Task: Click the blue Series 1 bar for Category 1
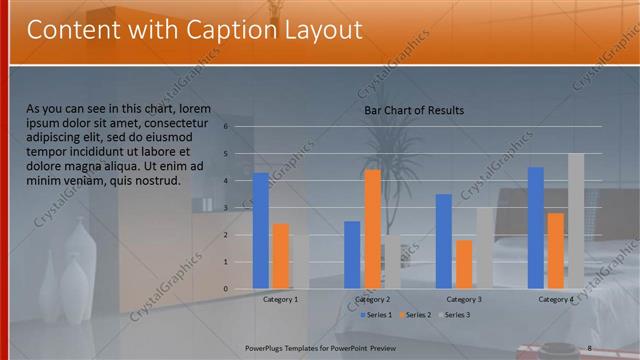click(x=260, y=231)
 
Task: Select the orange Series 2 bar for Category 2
click(x=372, y=229)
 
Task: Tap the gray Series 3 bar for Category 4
click(x=575, y=221)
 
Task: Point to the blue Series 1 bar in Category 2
click(x=352, y=255)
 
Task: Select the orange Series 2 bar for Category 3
click(x=464, y=264)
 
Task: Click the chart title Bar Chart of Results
click(x=414, y=110)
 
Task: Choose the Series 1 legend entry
click(x=375, y=315)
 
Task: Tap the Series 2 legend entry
click(x=415, y=315)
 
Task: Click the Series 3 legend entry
click(x=454, y=315)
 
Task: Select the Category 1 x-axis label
click(x=280, y=299)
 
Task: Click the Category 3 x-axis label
click(x=464, y=299)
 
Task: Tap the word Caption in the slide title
click(x=214, y=31)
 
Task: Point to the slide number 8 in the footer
click(x=590, y=347)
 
